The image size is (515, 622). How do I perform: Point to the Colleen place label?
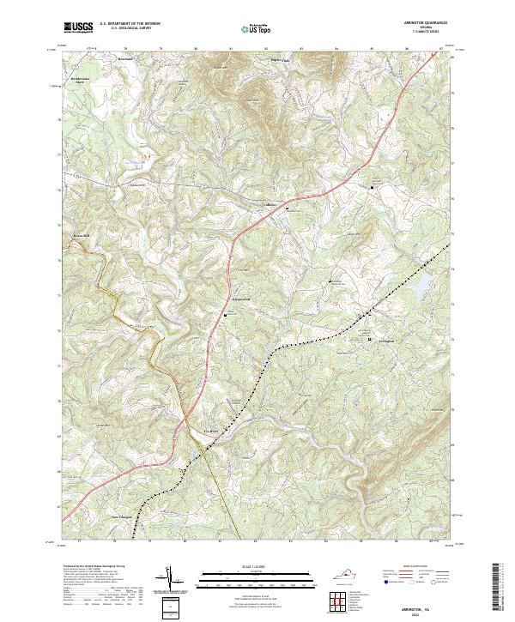(270, 204)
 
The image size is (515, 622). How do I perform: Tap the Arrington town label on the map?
(389, 341)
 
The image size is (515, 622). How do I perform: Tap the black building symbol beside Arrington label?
(371, 341)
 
